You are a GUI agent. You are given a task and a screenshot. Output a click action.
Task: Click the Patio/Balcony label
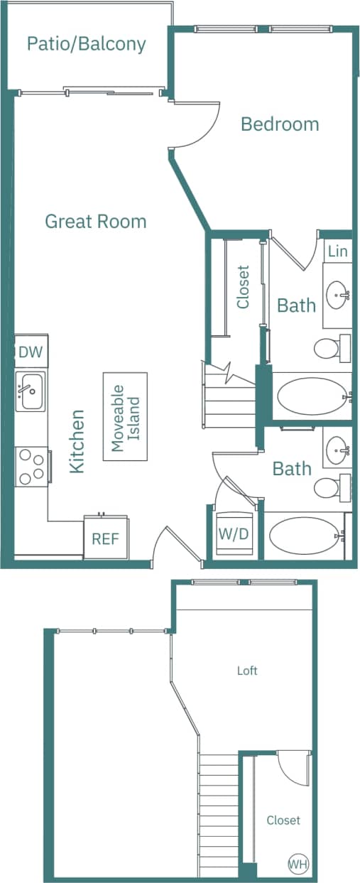click(x=86, y=44)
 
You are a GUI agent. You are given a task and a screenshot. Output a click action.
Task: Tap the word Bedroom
click(x=280, y=124)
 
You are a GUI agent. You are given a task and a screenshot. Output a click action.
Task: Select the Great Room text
click(x=95, y=222)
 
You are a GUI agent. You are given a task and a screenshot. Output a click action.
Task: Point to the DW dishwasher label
click(x=30, y=352)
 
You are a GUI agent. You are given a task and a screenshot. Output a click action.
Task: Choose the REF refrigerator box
click(x=105, y=538)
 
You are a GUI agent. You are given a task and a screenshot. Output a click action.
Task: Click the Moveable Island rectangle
click(x=125, y=417)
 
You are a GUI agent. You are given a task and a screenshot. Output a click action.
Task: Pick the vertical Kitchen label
click(x=77, y=441)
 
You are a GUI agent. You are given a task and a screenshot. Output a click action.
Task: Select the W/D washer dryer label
click(x=234, y=534)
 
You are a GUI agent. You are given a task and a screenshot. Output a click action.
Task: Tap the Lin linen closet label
click(x=338, y=251)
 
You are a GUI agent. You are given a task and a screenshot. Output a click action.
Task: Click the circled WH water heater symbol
click(x=298, y=864)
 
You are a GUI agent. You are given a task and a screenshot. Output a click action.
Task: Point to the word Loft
click(x=247, y=671)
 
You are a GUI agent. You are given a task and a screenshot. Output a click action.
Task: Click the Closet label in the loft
click(x=283, y=820)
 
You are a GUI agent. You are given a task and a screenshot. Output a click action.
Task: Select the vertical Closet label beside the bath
click(x=244, y=287)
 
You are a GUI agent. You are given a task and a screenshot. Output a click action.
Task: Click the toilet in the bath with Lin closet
click(x=328, y=348)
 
